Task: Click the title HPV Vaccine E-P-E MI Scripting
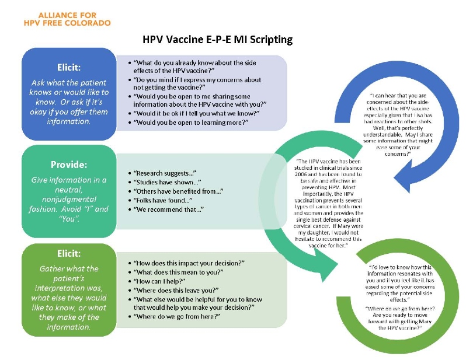217,40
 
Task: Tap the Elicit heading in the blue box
69,67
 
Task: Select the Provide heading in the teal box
69,165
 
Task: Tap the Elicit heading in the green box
69,254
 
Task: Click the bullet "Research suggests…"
164,173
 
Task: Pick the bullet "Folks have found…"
163,200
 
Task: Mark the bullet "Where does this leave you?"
176,290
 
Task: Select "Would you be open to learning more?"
190,122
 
